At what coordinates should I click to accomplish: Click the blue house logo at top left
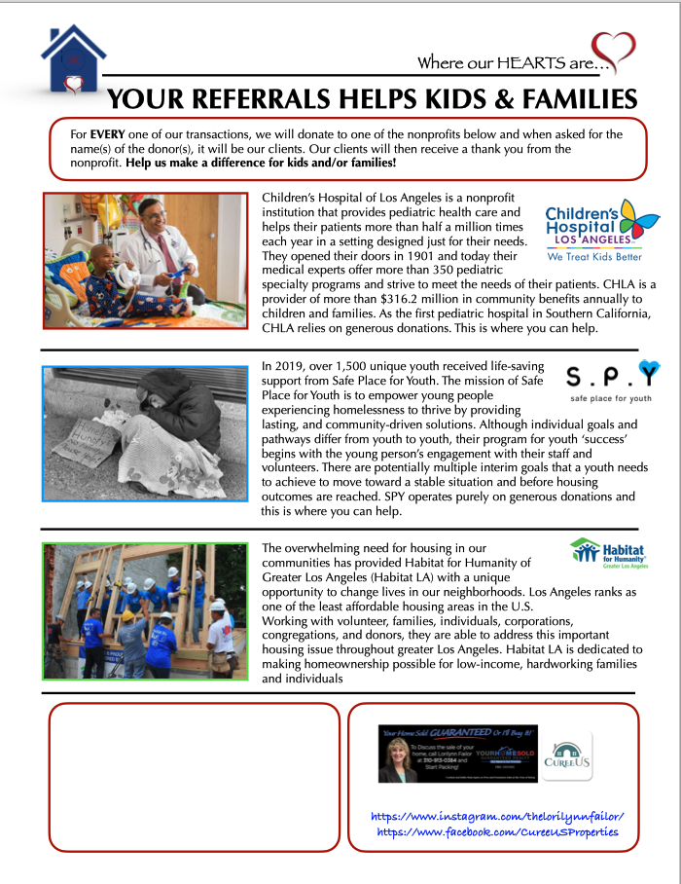(x=73, y=60)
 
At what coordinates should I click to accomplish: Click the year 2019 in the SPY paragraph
(x=294, y=367)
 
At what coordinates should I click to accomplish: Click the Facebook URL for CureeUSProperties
(x=496, y=833)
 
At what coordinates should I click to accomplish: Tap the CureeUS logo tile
(x=567, y=755)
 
